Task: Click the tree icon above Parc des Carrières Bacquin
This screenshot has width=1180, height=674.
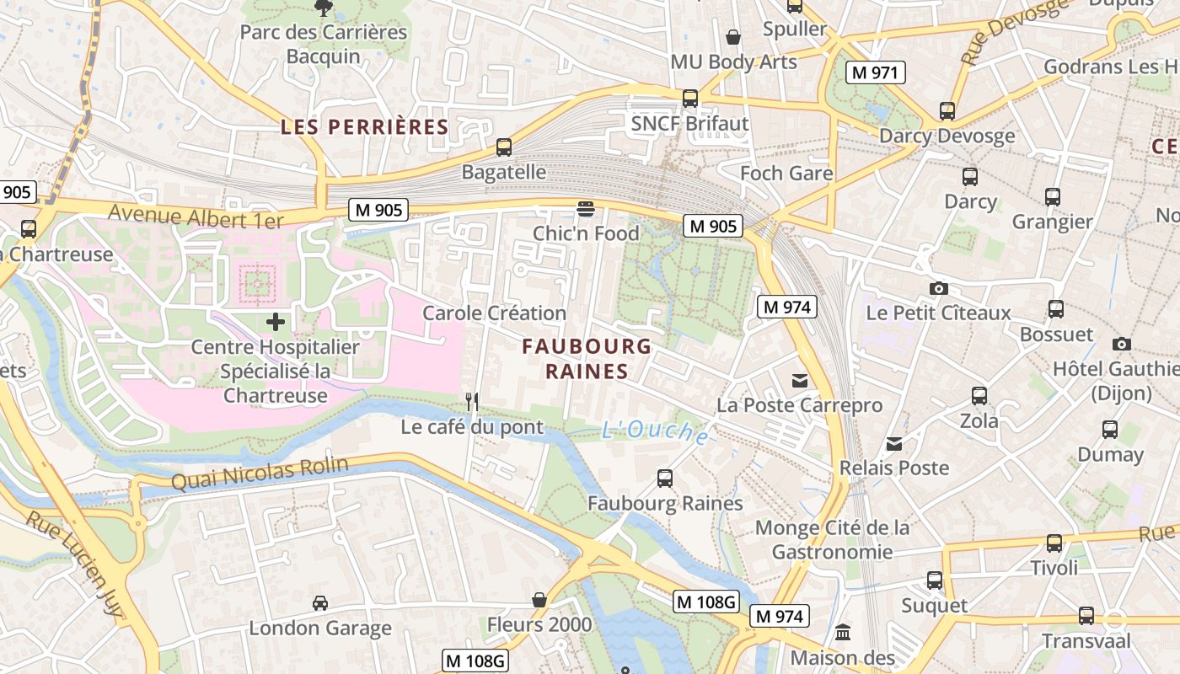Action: [x=322, y=8]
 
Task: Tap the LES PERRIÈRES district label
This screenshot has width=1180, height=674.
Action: [x=364, y=127]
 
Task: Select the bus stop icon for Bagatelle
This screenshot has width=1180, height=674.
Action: [x=504, y=147]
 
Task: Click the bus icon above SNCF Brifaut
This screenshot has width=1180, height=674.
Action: [x=690, y=99]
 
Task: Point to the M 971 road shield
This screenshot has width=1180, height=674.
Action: [x=875, y=72]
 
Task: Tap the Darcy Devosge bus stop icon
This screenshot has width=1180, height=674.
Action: [x=947, y=111]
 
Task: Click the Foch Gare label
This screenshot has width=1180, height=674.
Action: [x=786, y=174]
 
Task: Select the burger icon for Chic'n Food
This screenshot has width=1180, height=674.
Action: [x=586, y=208]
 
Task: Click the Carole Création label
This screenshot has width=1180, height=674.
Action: [x=494, y=313]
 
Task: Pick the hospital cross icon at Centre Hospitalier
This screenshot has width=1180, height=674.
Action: [x=276, y=322]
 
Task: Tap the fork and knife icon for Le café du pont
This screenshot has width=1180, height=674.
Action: [x=472, y=402]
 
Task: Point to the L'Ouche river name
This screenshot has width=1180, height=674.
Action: [x=655, y=432]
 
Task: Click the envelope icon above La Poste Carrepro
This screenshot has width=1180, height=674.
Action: [x=799, y=381]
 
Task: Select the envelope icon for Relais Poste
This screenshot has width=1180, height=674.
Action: [x=894, y=443]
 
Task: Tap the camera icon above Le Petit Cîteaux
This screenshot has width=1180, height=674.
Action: [x=938, y=288]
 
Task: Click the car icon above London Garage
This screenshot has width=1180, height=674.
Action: [x=320, y=603]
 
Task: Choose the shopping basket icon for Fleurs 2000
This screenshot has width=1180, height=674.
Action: [x=539, y=600]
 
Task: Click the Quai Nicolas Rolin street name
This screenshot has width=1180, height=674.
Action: [x=260, y=473]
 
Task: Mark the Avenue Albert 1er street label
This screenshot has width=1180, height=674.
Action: [x=196, y=217]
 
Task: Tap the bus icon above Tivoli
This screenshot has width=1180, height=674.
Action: [x=1054, y=543]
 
